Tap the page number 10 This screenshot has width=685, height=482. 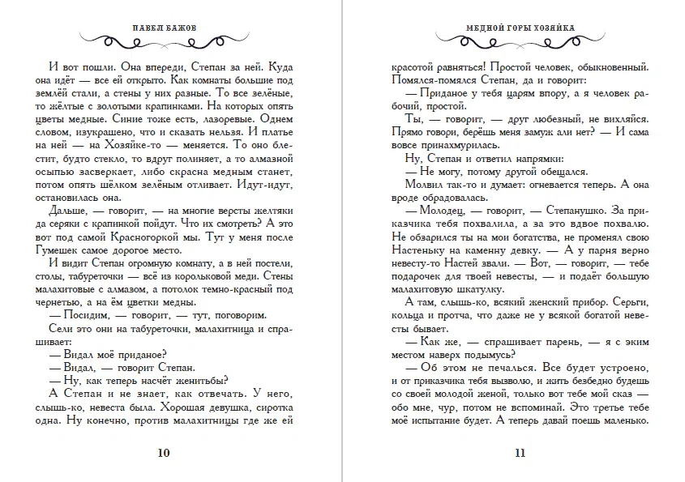(165, 451)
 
